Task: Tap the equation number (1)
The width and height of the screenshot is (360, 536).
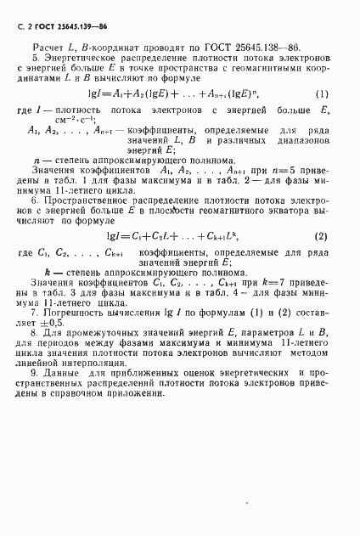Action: click(322, 93)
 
